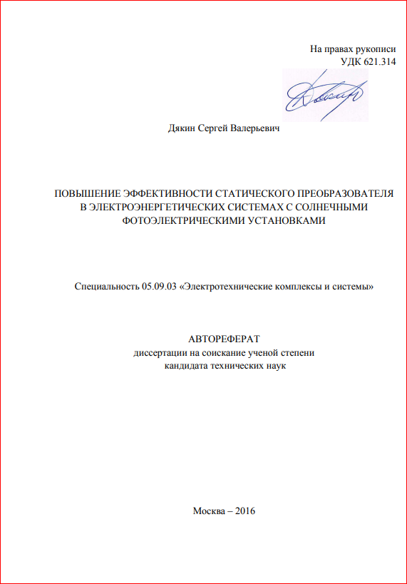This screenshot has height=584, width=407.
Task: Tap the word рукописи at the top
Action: [376, 49]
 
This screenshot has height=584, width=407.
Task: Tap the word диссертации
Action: [158, 353]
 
